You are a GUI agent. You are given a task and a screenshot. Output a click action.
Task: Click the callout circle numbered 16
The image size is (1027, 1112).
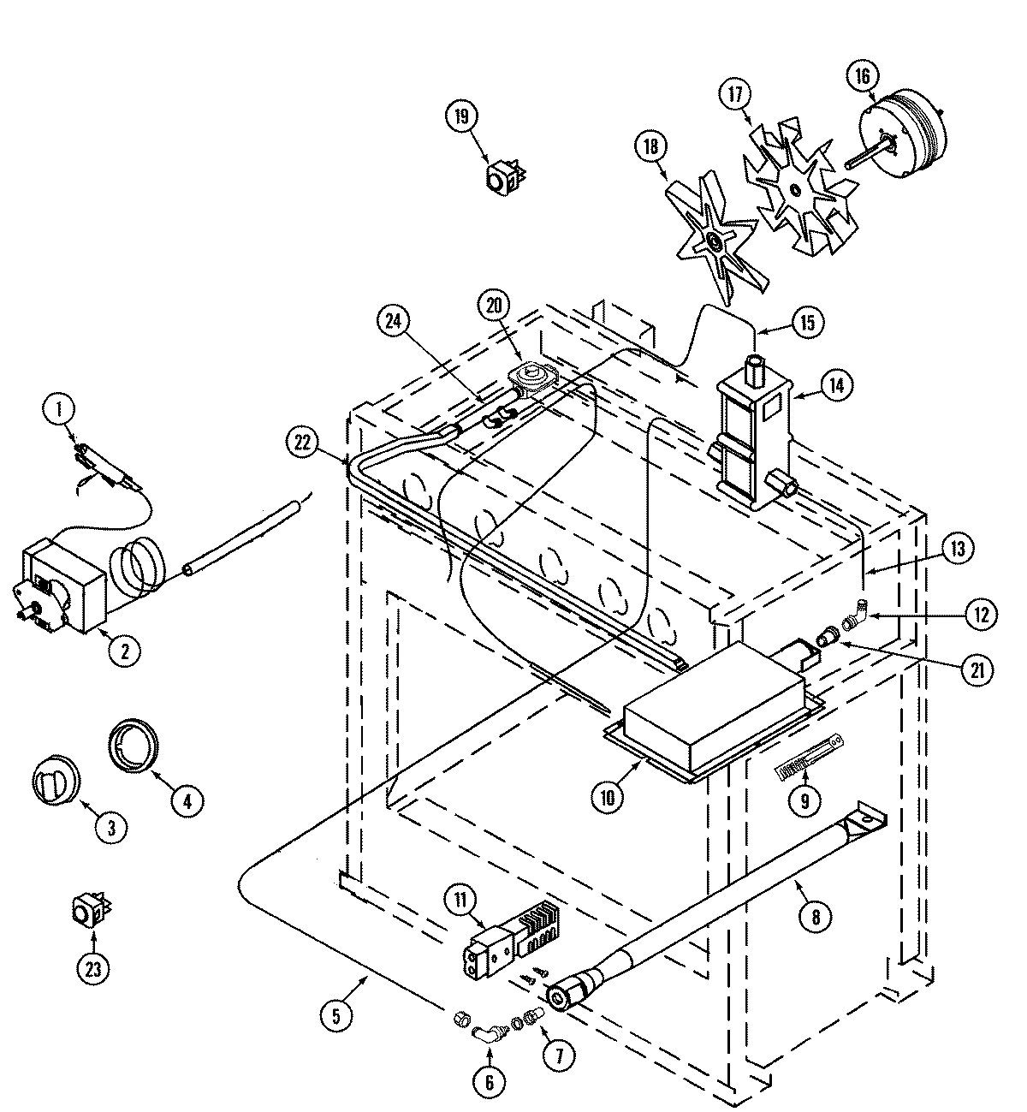click(x=861, y=76)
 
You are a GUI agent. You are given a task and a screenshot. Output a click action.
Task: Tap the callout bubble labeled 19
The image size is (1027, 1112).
click(x=462, y=116)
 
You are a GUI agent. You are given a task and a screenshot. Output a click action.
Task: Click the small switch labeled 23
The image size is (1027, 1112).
click(x=87, y=913)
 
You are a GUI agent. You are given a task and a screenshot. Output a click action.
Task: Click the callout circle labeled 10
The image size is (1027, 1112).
click(x=608, y=796)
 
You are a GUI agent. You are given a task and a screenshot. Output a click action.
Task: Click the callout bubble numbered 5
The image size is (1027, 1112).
click(x=335, y=1016)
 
